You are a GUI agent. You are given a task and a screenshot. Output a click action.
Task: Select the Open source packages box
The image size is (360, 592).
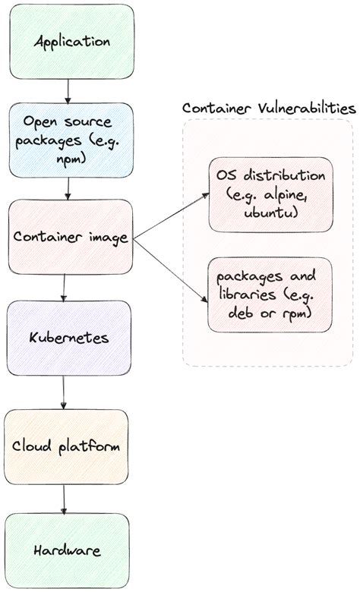pos(70,140)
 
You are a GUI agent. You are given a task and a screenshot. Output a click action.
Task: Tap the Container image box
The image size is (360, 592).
pos(70,236)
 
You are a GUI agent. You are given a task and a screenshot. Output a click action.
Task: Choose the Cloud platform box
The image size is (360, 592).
pos(66,446)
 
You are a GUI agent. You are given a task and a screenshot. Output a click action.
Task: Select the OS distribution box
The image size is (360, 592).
pos(270,194)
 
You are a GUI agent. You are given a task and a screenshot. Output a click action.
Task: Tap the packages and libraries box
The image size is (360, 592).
pos(270,294)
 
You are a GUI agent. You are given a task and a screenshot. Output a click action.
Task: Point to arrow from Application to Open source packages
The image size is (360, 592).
pos(69,90)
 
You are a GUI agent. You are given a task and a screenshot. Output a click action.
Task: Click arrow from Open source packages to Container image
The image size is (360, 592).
pos(69,188)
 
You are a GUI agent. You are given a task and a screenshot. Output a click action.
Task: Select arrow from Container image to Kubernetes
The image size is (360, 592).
pos(65,286)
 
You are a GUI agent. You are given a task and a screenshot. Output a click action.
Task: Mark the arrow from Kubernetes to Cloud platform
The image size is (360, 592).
pos(64,392)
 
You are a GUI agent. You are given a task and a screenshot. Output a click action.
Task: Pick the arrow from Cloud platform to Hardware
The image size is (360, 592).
pos(64,499)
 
